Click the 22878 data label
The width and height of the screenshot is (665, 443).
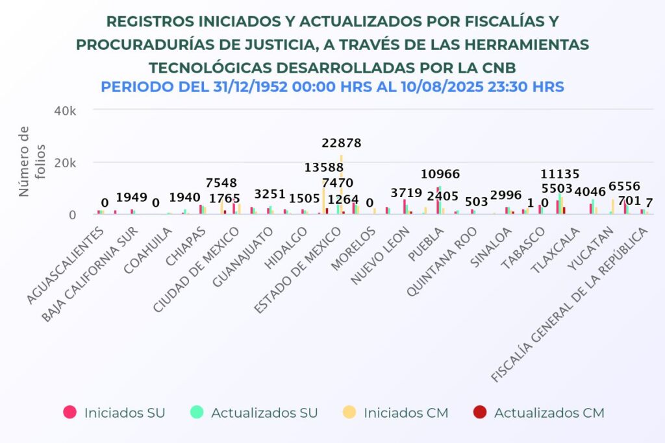pyautogui.click(x=342, y=143)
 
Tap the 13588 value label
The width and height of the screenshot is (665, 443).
pyautogui.click(x=324, y=168)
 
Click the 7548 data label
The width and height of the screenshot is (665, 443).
pyautogui.click(x=221, y=183)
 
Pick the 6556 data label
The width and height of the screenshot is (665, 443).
pyautogui.click(x=624, y=186)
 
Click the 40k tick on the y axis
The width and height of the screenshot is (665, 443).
pyautogui.click(x=65, y=111)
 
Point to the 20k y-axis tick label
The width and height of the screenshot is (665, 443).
pyautogui.click(x=65, y=163)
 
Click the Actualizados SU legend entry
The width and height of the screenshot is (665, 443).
pyautogui.click(x=254, y=413)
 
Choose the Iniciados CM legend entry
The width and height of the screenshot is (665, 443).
pyautogui.click(x=396, y=413)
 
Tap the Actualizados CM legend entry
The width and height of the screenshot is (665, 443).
pyautogui.click(x=539, y=413)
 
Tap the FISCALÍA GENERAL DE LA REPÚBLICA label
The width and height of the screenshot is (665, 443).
pyautogui.click(x=570, y=305)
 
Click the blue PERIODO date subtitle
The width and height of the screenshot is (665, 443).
pyautogui.click(x=332, y=87)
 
